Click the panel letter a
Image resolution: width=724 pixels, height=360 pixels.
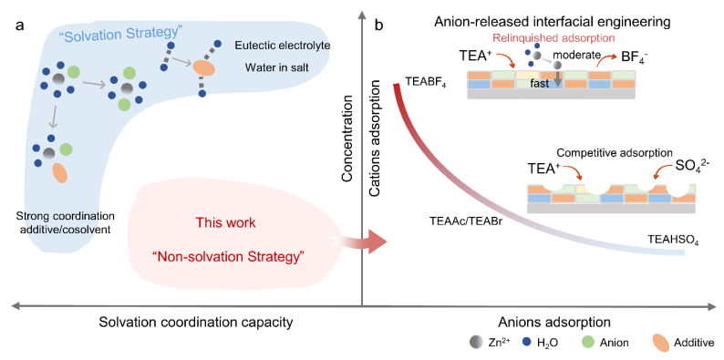click(19, 25)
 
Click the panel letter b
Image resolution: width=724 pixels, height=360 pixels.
click(378, 26)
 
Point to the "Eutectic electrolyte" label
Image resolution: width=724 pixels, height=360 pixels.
click(274, 46)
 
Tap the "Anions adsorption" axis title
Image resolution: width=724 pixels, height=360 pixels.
click(555, 322)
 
